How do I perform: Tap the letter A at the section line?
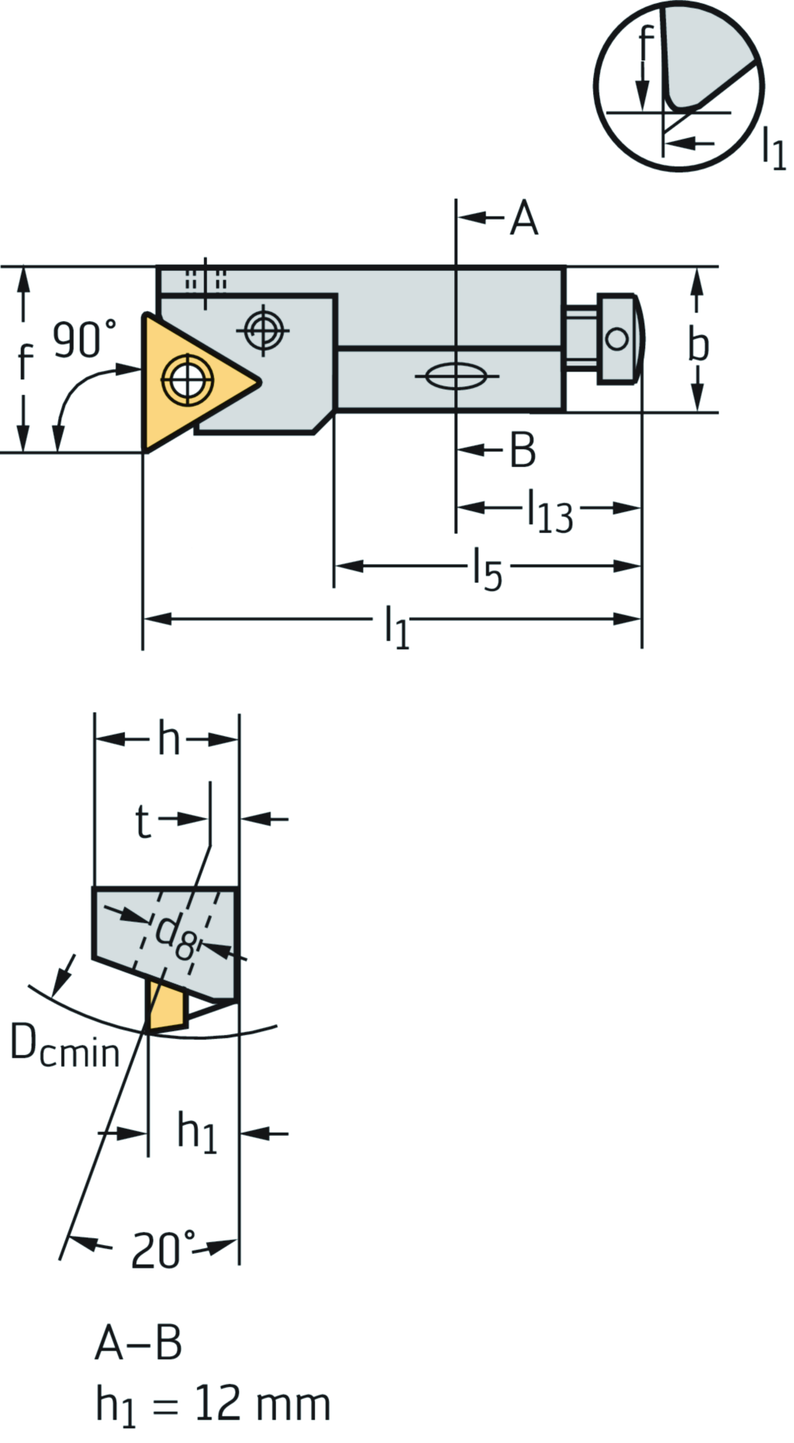(524, 218)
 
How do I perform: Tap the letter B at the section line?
(523, 450)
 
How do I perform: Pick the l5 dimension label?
(488, 569)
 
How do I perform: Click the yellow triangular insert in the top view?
(186, 380)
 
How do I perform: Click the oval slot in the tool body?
(457, 378)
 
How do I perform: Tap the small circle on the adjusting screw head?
(617, 339)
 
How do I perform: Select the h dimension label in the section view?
(168, 739)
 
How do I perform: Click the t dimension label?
(143, 822)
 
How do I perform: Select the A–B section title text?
(139, 1343)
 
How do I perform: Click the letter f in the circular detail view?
(646, 44)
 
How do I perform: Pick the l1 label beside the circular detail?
(773, 147)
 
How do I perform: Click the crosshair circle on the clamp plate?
(264, 330)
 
